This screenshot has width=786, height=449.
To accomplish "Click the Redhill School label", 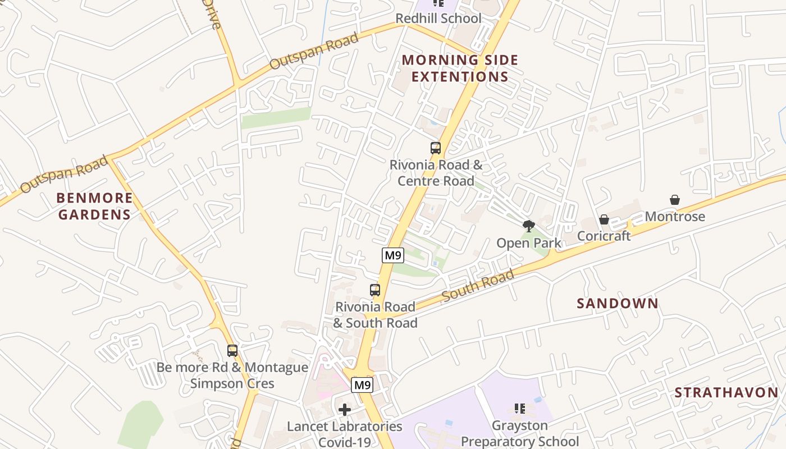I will (x=438, y=19).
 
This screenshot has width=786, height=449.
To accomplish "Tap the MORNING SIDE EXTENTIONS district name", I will (x=460, y=68).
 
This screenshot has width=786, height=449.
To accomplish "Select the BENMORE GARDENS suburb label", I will (x=95, y=206).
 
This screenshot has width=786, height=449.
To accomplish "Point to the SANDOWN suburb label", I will (x=618, y=304).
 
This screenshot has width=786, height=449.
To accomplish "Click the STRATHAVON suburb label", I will (x=726, y=392).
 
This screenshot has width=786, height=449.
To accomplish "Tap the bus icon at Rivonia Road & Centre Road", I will (x=436, y=148).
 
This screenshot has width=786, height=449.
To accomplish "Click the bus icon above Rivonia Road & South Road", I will (x=375, y=290).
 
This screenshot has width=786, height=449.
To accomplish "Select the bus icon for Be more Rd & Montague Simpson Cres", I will (x=232, y=351).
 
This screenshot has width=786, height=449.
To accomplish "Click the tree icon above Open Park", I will (x=528, y=226).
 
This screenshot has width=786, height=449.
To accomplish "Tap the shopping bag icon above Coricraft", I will (x=604, y=219).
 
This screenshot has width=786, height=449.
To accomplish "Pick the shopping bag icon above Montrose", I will (x=675, y=200).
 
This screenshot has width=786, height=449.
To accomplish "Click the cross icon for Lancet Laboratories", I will (x=345, y=410).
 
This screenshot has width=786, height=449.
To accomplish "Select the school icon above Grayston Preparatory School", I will (x=519, y=409).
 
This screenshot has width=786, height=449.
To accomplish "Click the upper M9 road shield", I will (x=393, y=255).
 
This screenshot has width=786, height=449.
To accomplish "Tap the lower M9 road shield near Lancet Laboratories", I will (x=362, y=386).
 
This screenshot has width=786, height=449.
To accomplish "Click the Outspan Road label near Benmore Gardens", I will (x=64, y=175).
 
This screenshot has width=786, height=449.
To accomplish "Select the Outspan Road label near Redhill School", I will (x=314, y=52).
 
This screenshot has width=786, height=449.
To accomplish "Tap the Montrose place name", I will (x=675, y=217).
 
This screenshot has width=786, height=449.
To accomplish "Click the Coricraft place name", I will (x=604, y=236).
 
